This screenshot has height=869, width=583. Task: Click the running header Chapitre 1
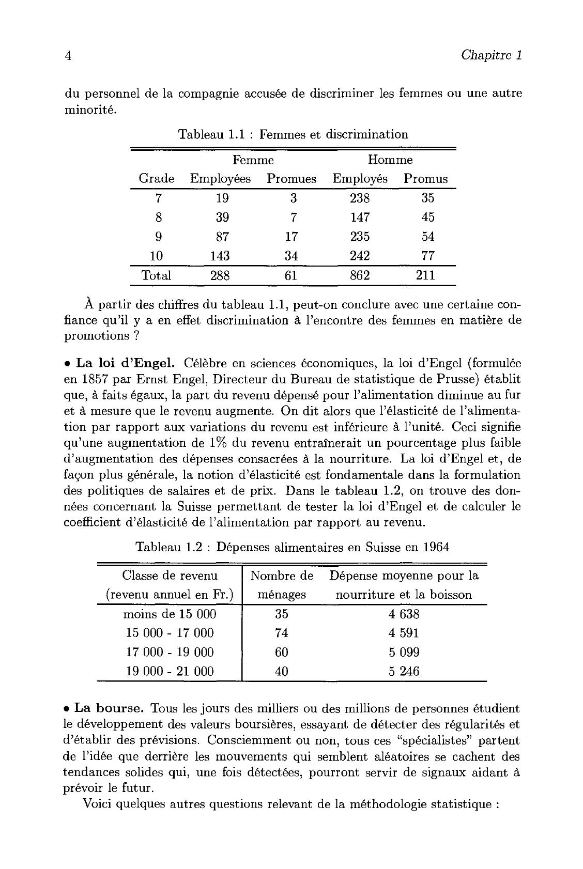tap(491, 55)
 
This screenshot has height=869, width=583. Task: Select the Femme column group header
tap(253, 160)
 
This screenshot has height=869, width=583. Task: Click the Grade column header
tap(157, 179)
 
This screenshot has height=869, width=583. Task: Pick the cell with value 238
tap(360, 198)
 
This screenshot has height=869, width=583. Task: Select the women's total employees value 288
tap(220, 275)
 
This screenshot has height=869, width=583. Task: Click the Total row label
tap(157, 275)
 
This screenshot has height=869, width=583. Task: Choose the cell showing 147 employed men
tap(360, 218)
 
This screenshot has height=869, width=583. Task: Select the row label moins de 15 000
tap(170, 614)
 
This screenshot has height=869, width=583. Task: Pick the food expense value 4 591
tap(404, 633)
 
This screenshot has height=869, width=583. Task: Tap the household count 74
tap(282, 633)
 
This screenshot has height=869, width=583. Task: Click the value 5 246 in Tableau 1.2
tap(404, 672)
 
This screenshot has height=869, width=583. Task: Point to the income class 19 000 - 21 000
tap(170, 672)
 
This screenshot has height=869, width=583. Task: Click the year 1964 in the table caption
tap(433, 547)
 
